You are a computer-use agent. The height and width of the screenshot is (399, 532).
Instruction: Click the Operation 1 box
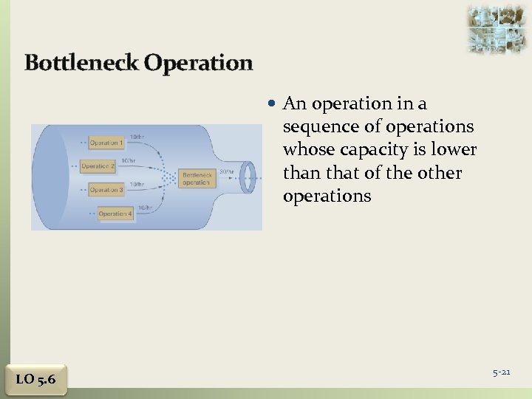(105, 143)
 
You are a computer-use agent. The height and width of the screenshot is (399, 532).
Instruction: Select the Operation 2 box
(98, 166)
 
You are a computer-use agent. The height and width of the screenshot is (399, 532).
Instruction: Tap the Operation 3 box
(105, 190)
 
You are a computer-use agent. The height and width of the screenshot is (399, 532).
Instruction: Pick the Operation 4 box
(115, 214)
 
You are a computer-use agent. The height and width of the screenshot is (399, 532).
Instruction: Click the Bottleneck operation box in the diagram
(197, 178)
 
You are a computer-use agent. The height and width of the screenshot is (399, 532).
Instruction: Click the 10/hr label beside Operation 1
(137, 136)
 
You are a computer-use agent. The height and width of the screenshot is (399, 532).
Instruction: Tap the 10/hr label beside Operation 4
(145, 208)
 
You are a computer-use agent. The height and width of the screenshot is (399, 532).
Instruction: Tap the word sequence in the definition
(316, 127)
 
